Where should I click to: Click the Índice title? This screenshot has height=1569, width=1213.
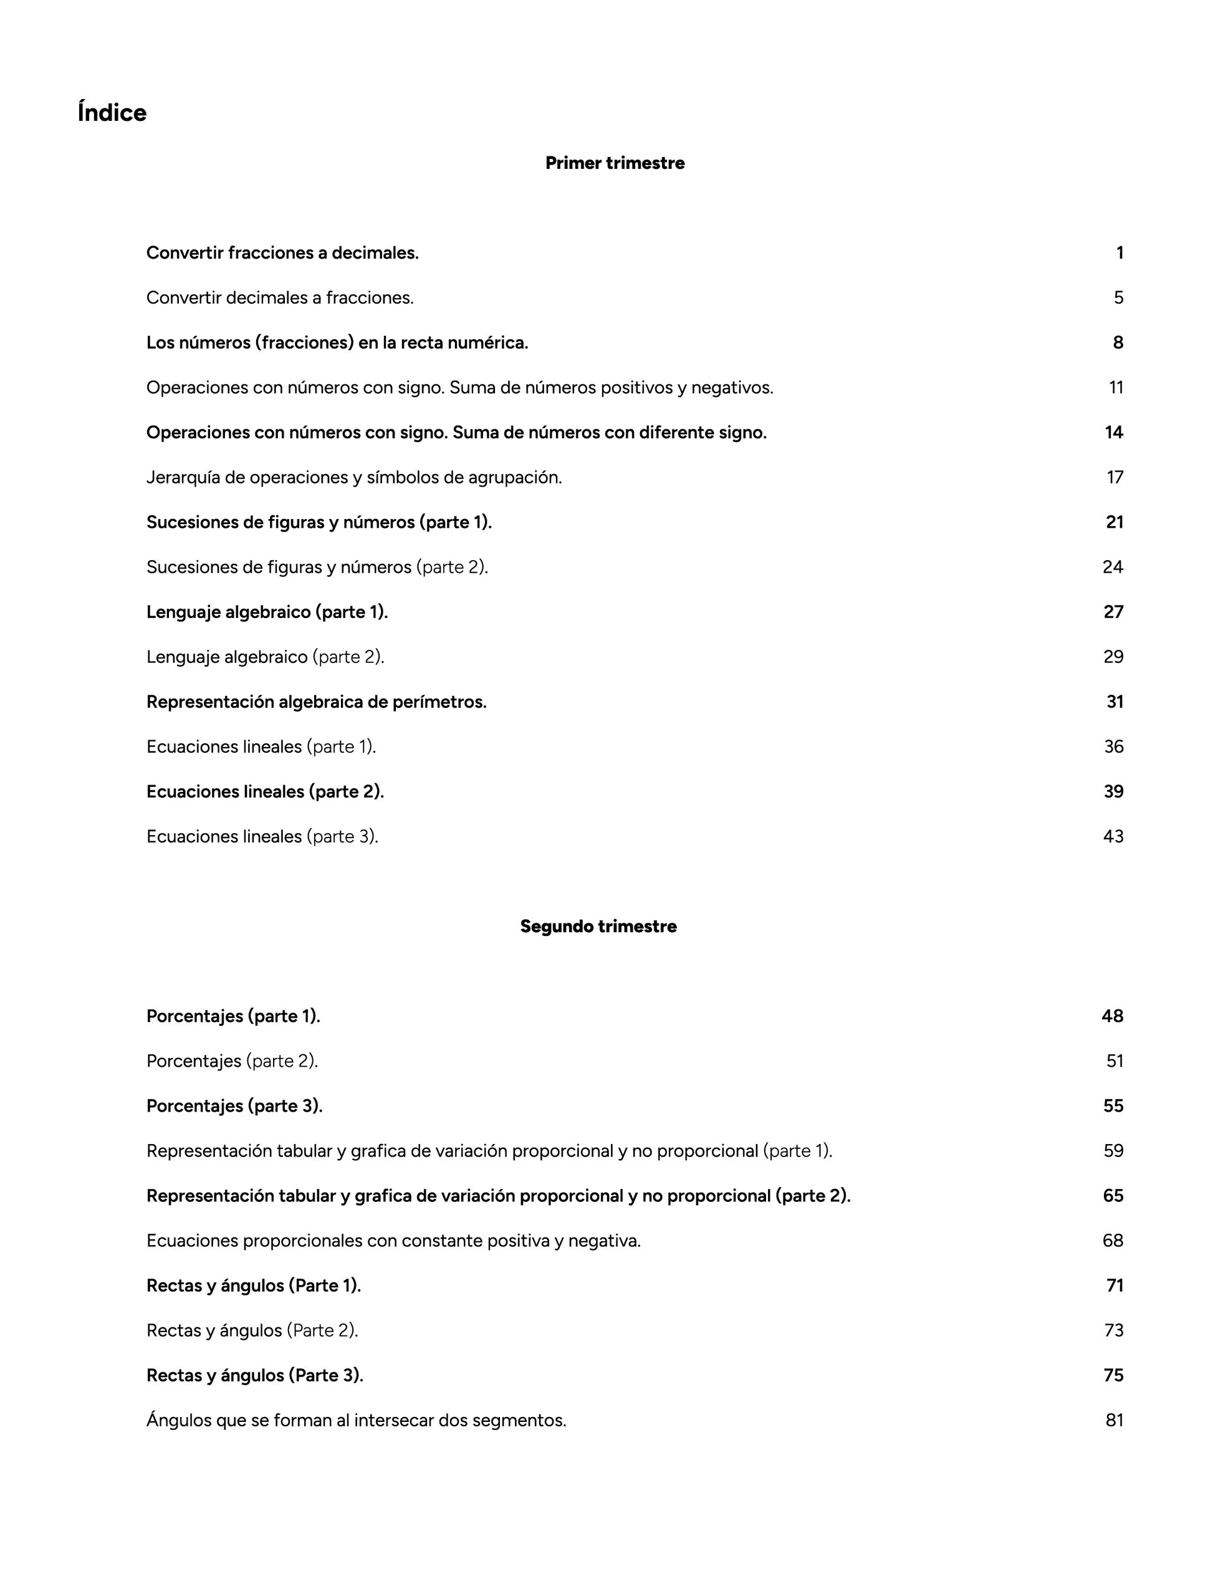click(112, 113)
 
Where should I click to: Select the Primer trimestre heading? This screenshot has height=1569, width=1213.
click(615, 163)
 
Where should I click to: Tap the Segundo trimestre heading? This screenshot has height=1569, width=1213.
click(598, 926)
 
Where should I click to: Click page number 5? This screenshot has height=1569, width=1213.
click(1118, 297)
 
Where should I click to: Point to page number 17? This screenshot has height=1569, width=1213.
click(1115, 477)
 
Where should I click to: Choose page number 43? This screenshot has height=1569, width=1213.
click(1113, 836)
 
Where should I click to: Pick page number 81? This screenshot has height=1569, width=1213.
click(1114, 1420)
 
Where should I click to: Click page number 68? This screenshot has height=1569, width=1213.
click(1113, 1241)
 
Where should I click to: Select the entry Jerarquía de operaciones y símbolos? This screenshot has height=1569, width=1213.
click(353, 477)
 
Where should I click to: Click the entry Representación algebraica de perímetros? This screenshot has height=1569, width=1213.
click(316, 702)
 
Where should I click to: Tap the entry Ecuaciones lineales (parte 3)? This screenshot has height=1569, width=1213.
click(262, 836)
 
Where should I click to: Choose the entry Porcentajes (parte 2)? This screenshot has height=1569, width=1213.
click(232, 1061)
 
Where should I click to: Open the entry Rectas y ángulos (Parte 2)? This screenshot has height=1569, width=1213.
click(252, 1330)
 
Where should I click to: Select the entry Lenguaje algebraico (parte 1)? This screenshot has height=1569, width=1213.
click(267, 612)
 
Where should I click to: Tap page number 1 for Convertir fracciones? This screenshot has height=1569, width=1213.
click(1120, 253)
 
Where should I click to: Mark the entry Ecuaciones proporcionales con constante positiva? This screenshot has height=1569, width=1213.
click(393, 1241)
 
